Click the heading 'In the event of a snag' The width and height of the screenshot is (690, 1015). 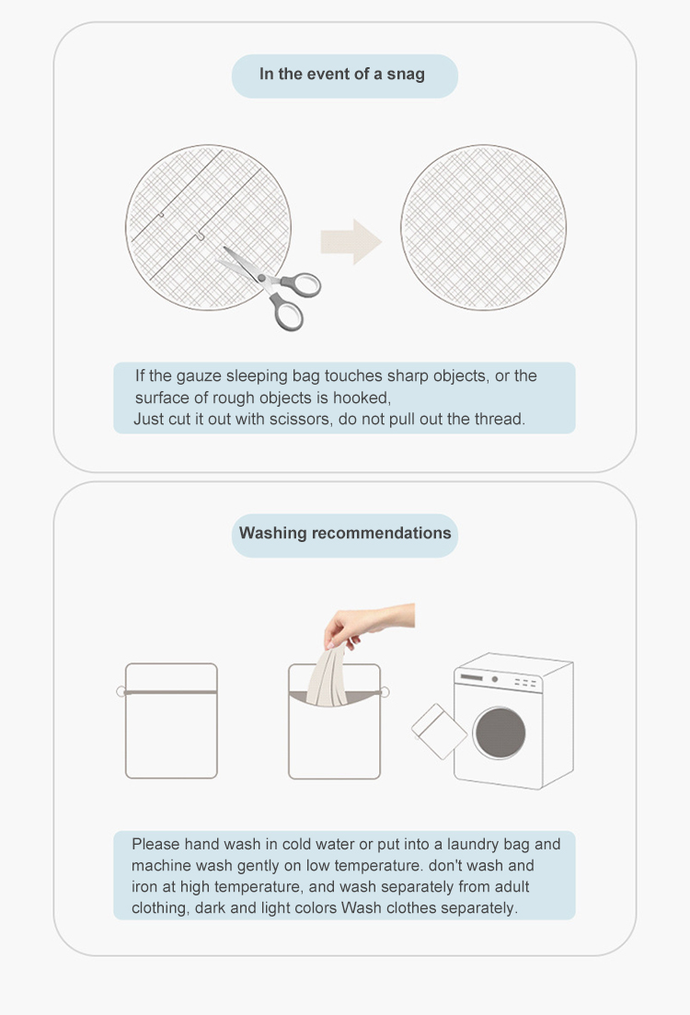341,75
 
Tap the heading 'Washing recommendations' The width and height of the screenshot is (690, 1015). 345,534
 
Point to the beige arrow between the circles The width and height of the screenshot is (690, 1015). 351,241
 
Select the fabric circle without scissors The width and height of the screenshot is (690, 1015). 484,227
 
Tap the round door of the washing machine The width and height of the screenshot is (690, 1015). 500,732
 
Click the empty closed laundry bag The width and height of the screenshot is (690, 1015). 171,721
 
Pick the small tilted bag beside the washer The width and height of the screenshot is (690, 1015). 439,732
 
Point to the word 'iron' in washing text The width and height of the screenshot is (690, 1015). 143,887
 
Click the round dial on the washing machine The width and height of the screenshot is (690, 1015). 495,680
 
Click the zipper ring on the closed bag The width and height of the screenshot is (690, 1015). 121,691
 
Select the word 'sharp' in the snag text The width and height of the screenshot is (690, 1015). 406,376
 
